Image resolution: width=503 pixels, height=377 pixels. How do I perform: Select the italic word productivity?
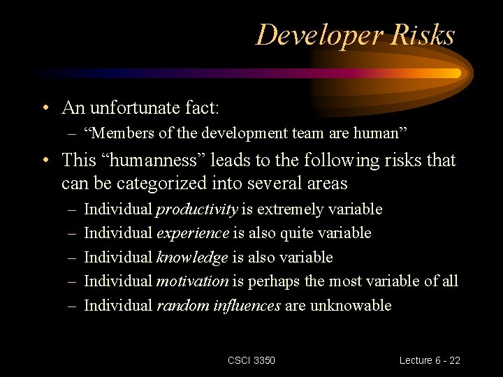(x=197, y=209)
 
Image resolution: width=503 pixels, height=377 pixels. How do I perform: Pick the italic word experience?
(x=193, y=233)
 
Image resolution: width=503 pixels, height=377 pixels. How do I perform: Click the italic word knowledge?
(x=192, y=258)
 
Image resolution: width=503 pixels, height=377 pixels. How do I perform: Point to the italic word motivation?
(x=192, y=281)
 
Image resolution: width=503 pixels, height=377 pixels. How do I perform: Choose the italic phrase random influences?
(x=219, y=305)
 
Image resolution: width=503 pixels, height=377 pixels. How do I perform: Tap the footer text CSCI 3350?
(x=251, y=360)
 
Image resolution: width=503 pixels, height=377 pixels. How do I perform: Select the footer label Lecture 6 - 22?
(x=430, y=360)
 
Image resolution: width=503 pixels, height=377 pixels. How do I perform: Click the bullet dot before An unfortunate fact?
(x=45, y=109)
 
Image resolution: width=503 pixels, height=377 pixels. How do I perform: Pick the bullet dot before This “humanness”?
(x=45, y=161)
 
